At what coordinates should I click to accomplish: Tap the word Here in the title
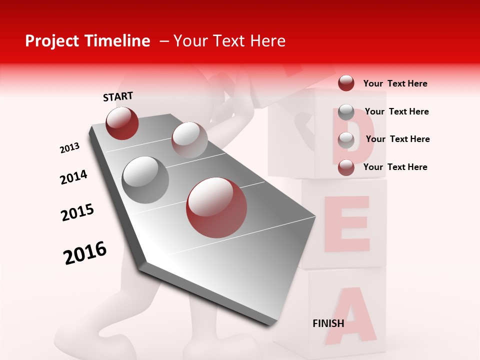267,41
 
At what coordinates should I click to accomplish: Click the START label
118,96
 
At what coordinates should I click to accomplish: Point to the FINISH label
328,323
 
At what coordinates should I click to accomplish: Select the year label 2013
69,148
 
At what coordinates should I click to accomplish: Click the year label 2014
73,177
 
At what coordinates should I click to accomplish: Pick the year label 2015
77,212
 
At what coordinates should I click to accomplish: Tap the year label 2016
85,253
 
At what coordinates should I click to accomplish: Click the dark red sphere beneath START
122,123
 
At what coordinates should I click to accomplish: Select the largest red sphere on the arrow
216,207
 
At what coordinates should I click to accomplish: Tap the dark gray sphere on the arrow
145,179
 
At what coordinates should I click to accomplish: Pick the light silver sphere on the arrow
189,139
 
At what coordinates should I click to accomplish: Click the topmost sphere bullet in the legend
346,83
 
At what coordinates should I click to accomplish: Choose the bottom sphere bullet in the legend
346,167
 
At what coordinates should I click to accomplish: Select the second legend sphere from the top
346,112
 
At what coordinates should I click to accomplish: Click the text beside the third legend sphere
397,139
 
